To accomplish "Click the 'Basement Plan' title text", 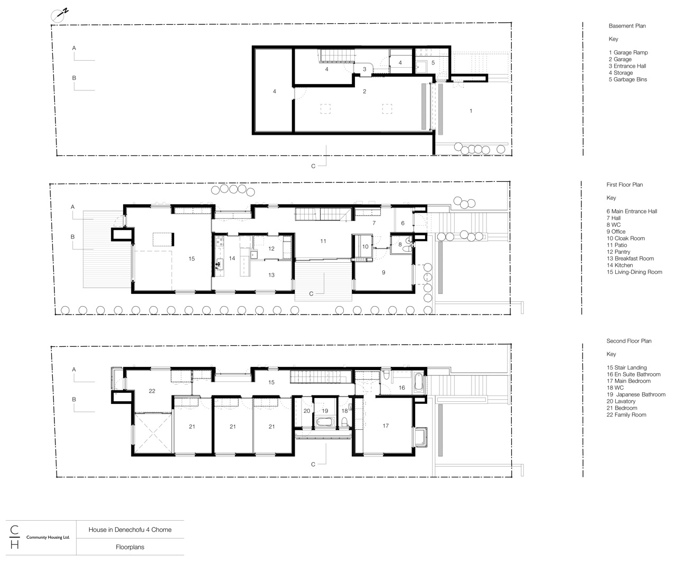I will click(627, 26).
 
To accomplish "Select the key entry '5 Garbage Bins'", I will click(627, 79).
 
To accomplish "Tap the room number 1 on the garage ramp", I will click(471, 111).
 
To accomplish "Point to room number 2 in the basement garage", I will click(364, 91).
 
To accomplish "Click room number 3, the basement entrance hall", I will click(364, 69).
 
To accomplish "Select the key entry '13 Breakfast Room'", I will click(630, 259).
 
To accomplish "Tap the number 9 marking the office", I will click(383, 272).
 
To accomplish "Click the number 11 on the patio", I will click(323, 241).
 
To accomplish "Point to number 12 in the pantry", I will click(271, 248).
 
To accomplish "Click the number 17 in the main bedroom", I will click(386, 426).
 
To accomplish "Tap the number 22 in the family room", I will click(152, 391).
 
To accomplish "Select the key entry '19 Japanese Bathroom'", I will click(636, 394).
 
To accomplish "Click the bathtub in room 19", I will click(323, 422).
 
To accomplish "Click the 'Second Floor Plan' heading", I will click(628, 341).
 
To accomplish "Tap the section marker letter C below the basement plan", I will click(313, 165).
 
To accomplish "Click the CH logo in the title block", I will click(14, 537).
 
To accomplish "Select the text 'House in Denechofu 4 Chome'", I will click(130, 530).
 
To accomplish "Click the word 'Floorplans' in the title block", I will click(130, 548).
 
